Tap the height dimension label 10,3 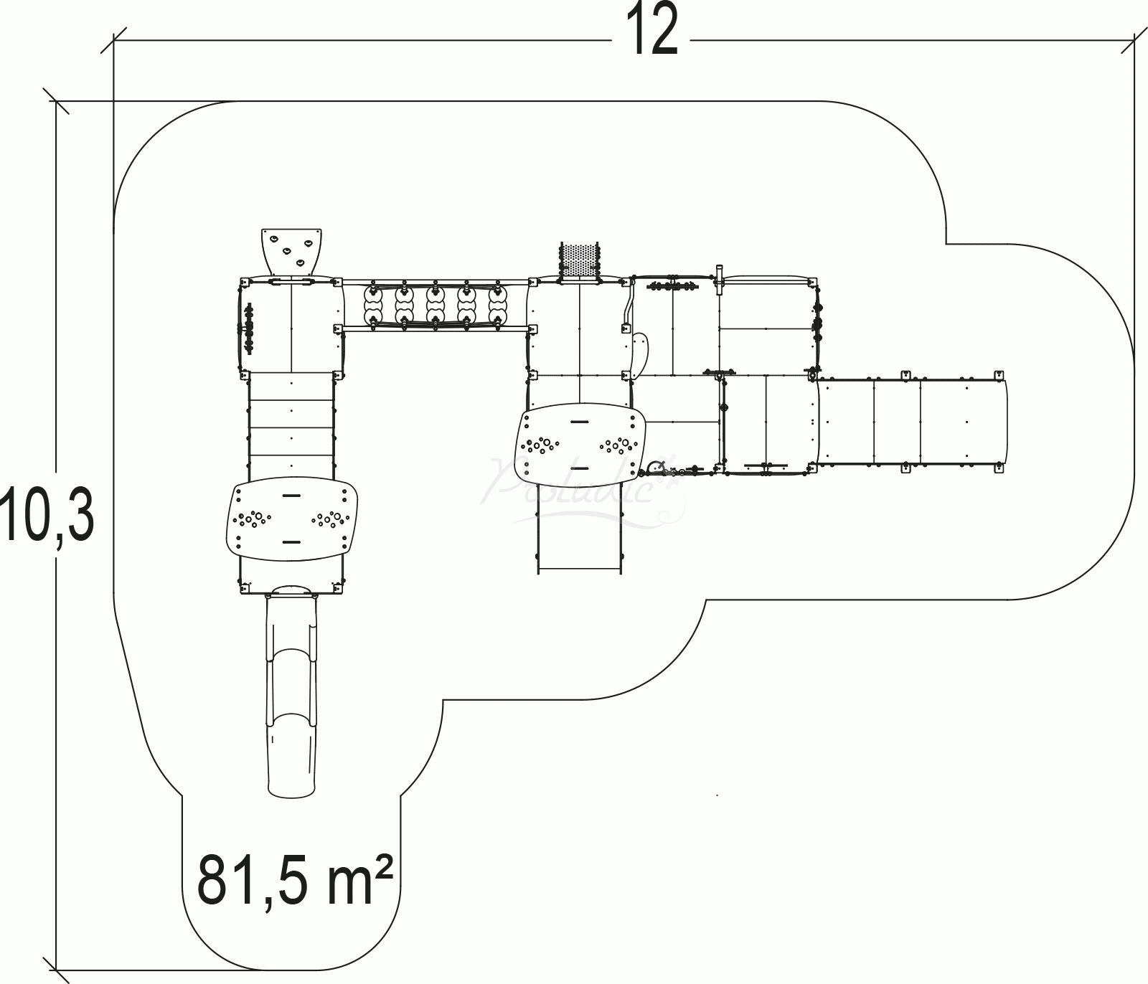[x=47, y=511]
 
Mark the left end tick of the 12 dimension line [x=115, y=40]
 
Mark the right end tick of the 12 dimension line [x=1134, y=40]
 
